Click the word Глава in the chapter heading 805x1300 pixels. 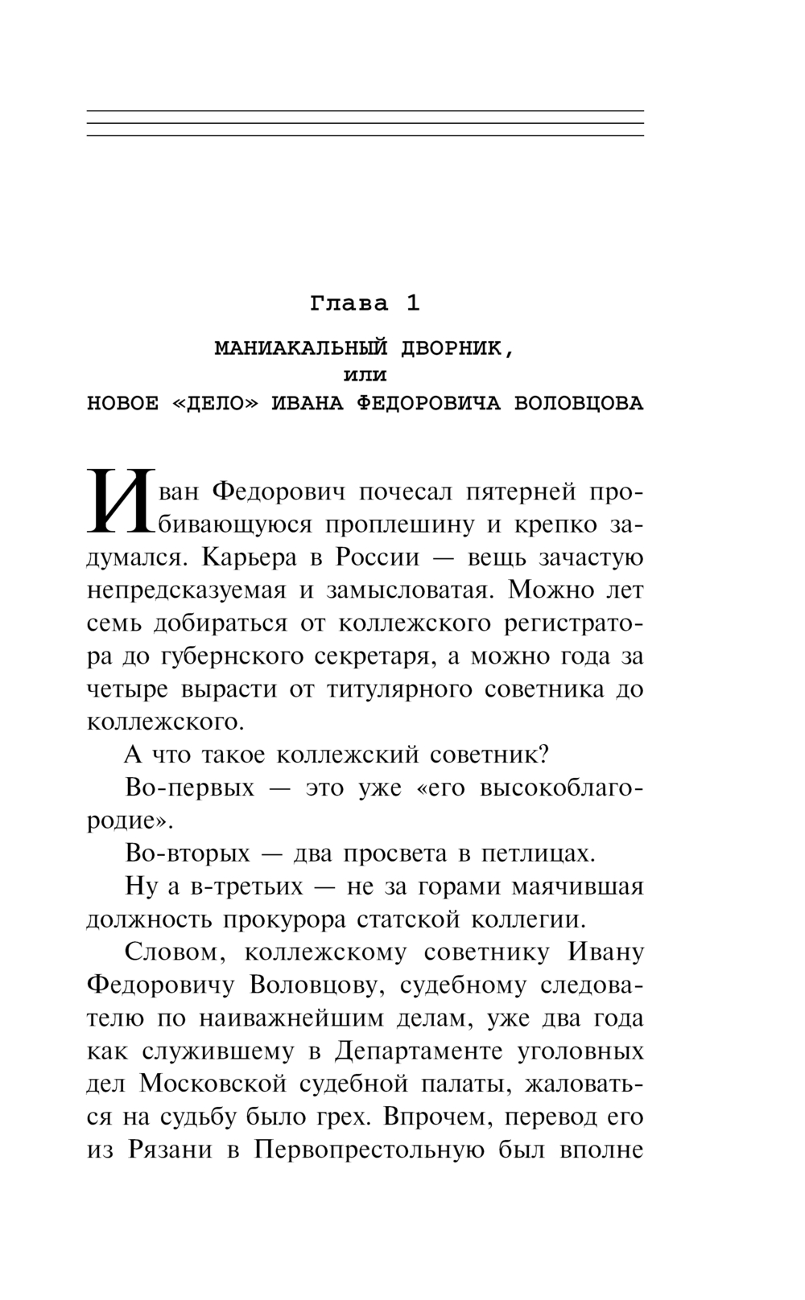tap(349, 304)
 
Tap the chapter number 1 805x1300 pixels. tap(412, 304)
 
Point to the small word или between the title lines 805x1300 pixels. tap(365, 376)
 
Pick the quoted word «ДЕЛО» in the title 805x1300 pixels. tap(217, 404)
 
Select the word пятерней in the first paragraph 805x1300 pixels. tap(519, 490)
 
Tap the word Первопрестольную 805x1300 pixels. tap(369, 1150)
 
